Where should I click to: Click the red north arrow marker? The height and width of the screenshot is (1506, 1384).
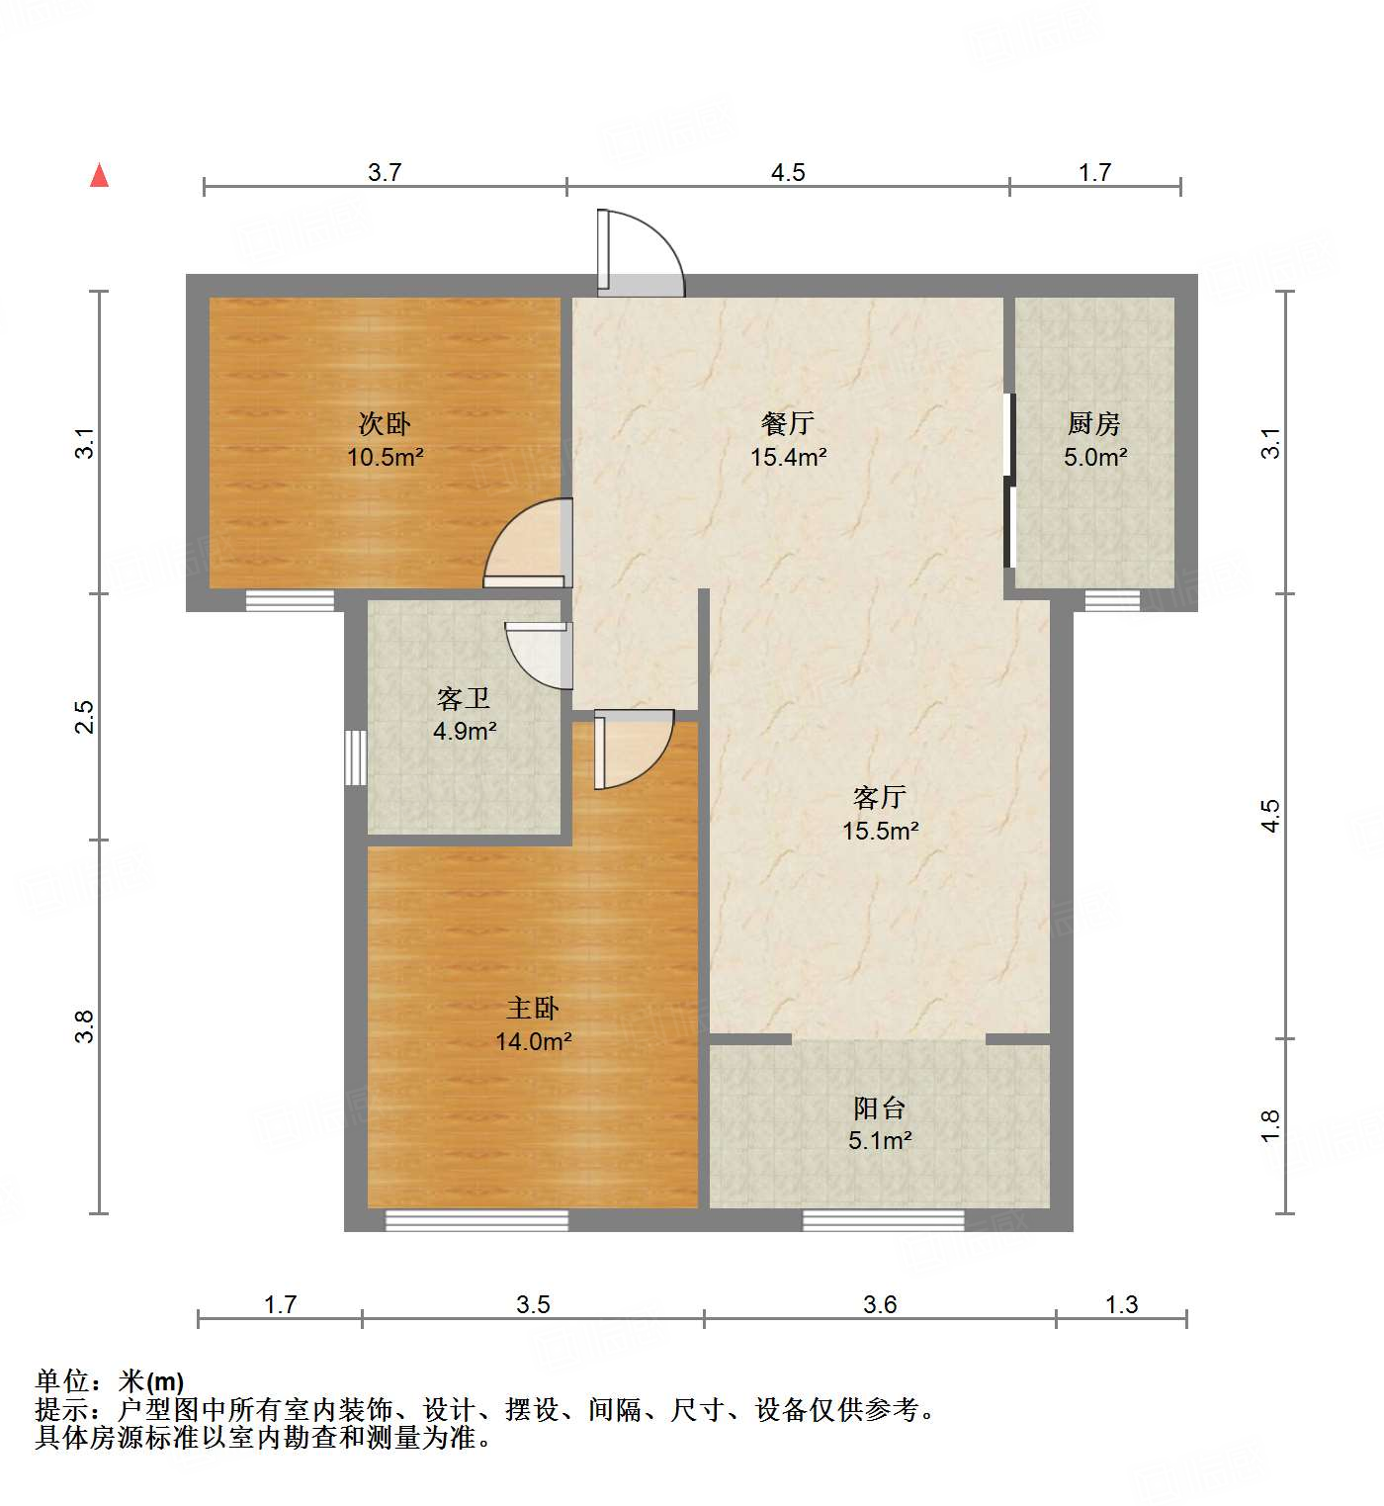click(x=99, y=176)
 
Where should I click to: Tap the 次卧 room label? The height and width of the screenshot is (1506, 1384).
click(x=385, y=424)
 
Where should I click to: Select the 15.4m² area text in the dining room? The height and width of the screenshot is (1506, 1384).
click(x=788, y=457)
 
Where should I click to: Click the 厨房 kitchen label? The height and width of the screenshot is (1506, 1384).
click(x=1094, y=424)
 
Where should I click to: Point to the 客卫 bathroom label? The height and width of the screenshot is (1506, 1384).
click(x=464, y=699)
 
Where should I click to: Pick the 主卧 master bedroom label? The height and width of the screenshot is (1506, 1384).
click(x=533, y=1009)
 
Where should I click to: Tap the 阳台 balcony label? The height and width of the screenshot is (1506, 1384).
click(x=879, y=1108)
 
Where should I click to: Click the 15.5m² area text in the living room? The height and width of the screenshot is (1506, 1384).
click(x=880, y=831)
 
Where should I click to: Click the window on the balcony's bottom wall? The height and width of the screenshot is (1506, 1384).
click(x=883, y=1220)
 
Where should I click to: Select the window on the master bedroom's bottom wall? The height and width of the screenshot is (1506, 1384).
click(x=476, y=1220)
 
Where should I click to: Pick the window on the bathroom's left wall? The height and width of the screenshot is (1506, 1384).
click(x=355, y=757)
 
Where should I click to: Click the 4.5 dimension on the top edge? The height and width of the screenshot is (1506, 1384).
click(x=788, y=173)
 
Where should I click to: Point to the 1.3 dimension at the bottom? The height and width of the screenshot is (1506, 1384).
click(x=1121, y=1305)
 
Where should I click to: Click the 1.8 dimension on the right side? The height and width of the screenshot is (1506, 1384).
click(x=1271, y=1125)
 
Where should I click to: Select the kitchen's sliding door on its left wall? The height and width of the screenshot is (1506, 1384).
click(x=1009, y=481)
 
